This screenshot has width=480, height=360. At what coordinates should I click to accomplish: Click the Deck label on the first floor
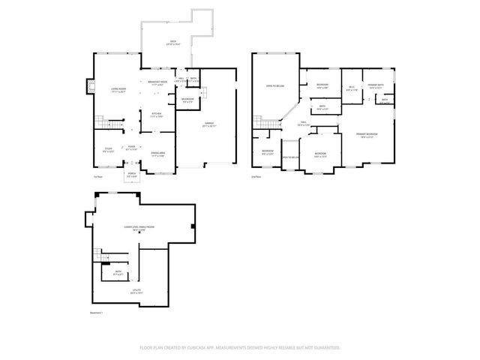point(172,43)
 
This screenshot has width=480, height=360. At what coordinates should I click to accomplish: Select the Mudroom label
point(188,100)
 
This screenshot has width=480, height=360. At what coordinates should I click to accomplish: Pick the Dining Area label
point(157,154)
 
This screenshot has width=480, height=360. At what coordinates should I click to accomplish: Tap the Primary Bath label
point(376,86)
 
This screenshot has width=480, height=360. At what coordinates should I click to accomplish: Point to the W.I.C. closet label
point(350,89)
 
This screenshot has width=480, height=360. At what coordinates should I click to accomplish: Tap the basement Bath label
point(118,273)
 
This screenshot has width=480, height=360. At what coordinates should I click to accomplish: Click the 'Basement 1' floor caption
point(97,313)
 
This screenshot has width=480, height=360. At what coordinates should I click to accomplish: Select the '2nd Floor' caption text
point(256,177)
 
